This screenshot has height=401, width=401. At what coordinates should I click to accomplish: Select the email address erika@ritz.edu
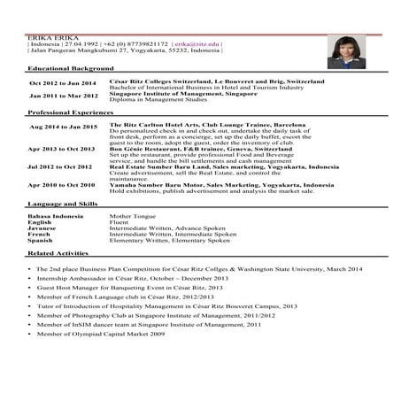tap(196, 43)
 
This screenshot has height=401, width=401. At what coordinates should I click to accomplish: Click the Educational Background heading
tap(70, 68)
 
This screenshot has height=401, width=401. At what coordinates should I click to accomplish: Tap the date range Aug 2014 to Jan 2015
tap(62, 127)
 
